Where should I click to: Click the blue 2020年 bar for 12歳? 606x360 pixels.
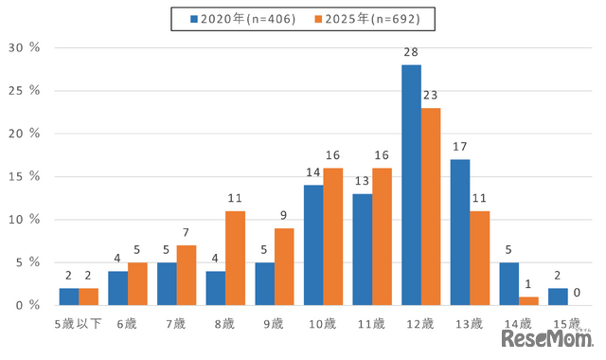[x=411, y=185]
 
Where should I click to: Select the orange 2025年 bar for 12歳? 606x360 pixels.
[x=432, y=207]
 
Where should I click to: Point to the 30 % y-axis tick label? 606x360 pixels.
[x=23, y=47]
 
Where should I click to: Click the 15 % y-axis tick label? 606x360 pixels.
[x=23, y=176]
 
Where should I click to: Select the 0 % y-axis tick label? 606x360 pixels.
[x=27, y=305]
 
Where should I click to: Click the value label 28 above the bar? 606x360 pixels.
[x=411, y=55]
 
